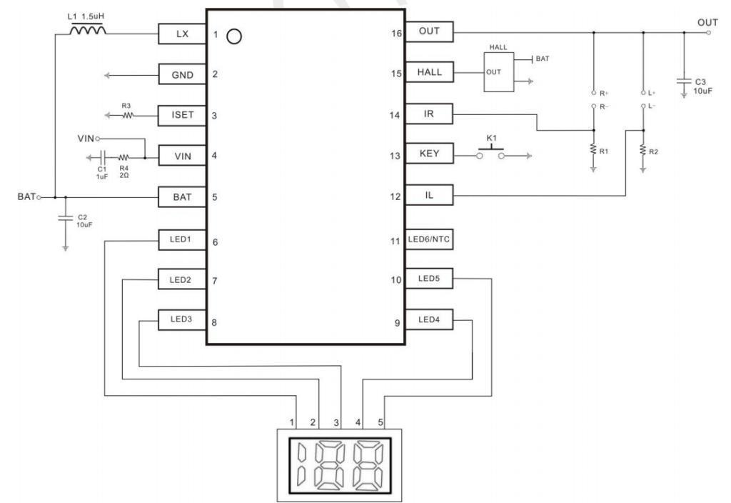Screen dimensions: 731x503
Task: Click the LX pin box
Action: (182, 34)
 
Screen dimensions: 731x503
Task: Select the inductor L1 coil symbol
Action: (88, 30)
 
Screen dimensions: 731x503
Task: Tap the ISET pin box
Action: (182, 115)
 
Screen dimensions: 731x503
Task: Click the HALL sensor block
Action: (498, 72)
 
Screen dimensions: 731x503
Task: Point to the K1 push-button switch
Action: (490, 154)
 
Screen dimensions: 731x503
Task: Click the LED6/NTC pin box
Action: (429, 239)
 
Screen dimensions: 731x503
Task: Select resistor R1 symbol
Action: (593, 150)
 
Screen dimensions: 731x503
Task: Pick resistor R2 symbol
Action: (643, 150)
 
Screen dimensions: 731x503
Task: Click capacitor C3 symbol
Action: (684, 81)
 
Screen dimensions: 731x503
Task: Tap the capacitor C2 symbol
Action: (65, 218)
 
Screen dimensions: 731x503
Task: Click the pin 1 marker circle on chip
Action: (234, 36)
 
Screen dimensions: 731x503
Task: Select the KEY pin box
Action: (429, 153)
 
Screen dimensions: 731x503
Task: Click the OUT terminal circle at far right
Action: (709, 33)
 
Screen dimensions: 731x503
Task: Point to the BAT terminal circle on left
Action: (39, 197)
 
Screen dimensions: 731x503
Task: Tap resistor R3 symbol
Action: (128, 115)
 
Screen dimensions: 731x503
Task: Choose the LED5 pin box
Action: (429, 279)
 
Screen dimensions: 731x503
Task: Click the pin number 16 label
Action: (396, 34)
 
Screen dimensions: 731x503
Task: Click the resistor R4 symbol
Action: (123, 158)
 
